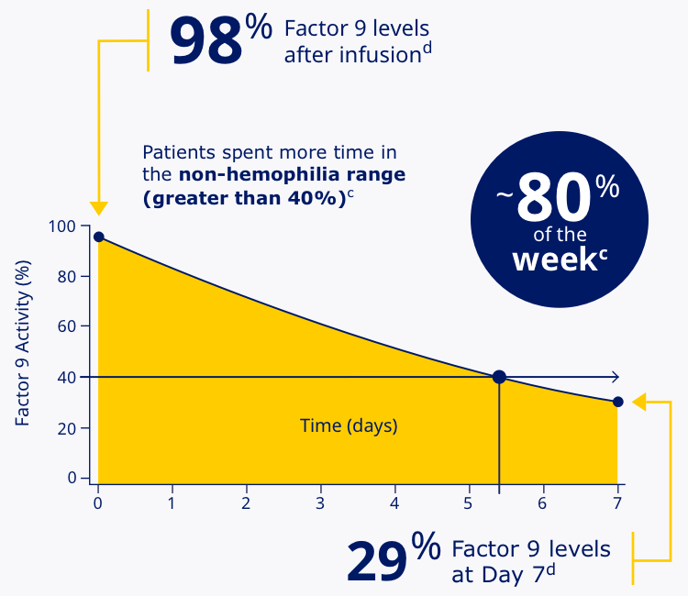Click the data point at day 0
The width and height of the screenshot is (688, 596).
(x=99, y=237)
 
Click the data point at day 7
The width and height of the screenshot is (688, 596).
(x=617, y=402)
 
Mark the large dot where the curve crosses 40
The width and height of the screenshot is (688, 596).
(x=499, y=377)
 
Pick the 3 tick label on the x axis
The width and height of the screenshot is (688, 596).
(x=320, y=503)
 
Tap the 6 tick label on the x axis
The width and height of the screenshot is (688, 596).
(x=542, y=503)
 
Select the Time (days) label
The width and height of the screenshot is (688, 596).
(x=349, y=425)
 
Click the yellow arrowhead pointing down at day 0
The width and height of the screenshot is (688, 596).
(x=98, y=209)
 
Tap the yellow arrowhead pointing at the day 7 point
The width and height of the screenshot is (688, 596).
(x=639, y=402)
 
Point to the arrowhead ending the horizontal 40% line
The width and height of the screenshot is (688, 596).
(x=615, y=377)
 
